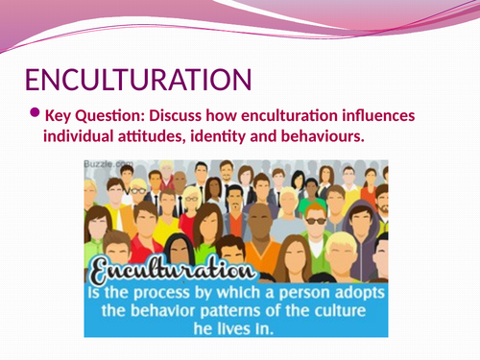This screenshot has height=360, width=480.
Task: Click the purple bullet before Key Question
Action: coord(35,112)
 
